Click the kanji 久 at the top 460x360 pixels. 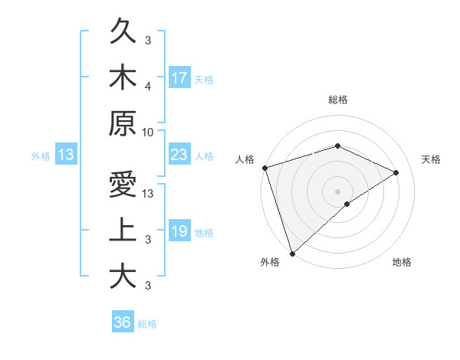coord(123,33)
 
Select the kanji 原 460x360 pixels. coord(123,123)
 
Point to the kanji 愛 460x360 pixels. coord(123,185)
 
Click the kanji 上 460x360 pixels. coord(123,230)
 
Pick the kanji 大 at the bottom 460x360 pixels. coord(123,275)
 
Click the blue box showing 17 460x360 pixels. coord(179,78)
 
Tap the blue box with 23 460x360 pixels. coord(179,155)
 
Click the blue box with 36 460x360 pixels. coord(122,322)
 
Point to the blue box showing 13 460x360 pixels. coord(65,155)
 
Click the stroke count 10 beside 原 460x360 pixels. coord(148,132)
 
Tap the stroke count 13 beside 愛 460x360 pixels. coord(148,195)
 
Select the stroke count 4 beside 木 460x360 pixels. coord(148,87)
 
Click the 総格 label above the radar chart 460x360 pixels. coord(337,100)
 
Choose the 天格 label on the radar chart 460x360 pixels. coord(431,159)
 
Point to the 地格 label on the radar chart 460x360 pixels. coord(402,263)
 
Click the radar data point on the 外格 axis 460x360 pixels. coord(292,252)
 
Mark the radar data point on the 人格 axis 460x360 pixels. coord(264,168)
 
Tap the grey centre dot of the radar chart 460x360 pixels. coord(337,191)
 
